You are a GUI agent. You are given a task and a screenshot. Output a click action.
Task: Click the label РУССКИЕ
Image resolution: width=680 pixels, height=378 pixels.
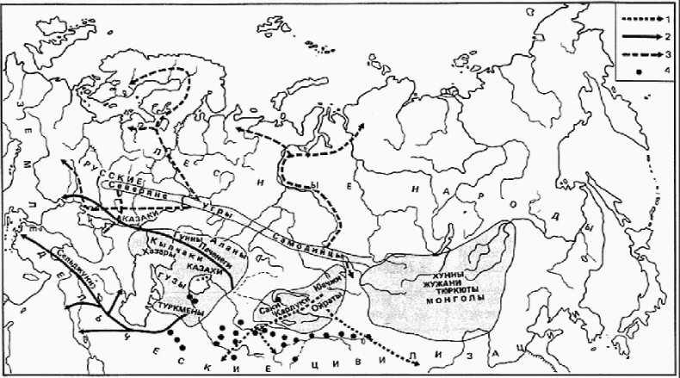coord(111,170)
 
